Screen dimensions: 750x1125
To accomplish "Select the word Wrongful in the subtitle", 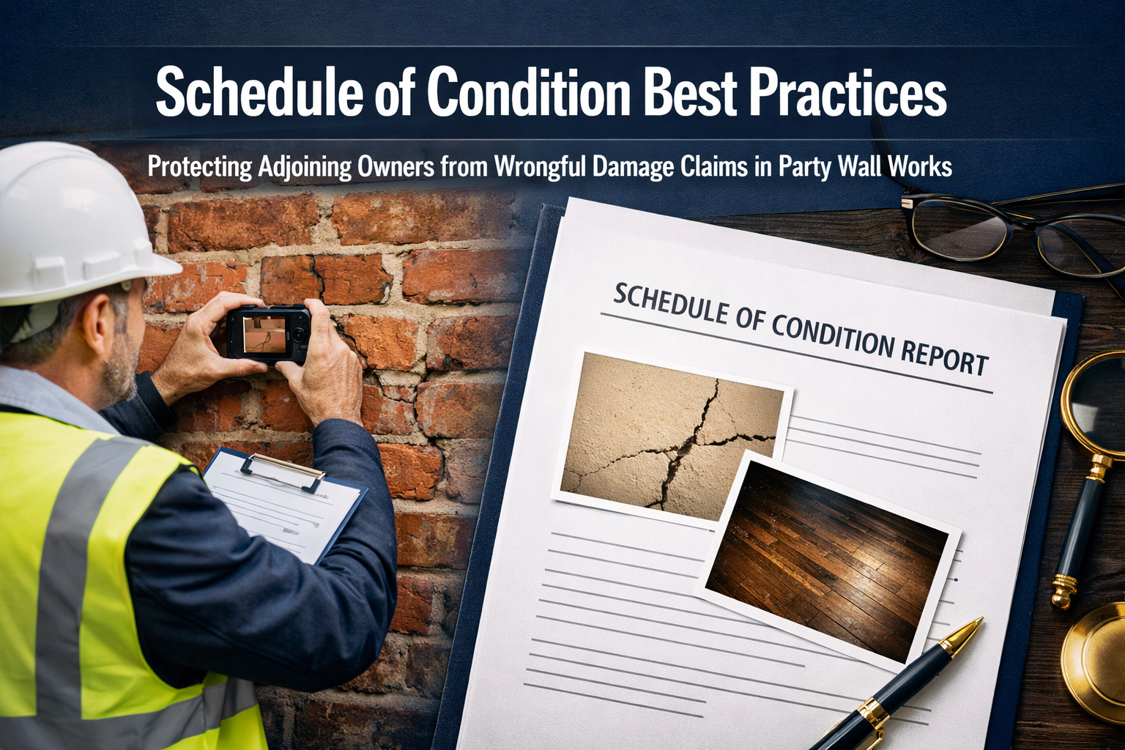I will [540, 167].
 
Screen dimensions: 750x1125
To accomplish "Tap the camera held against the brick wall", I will [268, 333].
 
